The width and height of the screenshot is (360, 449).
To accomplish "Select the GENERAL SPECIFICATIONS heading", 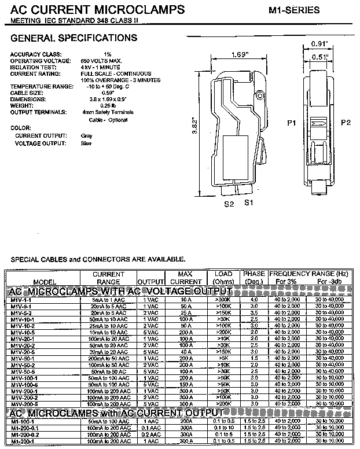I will click(74, 38).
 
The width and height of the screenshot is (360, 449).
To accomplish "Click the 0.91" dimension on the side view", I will click(319, 44).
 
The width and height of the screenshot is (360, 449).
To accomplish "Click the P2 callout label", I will click(346, 123).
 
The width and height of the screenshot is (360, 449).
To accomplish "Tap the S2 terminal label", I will click(229, 204).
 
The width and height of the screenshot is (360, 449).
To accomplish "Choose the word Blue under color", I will click(86, 143).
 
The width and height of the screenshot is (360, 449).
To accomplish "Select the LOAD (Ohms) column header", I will click(223, 278).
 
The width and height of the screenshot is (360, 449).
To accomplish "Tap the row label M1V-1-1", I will click(21, 300).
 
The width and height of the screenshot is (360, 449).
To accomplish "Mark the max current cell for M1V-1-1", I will click(186, 300).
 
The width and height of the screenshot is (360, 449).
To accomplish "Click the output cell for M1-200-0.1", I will click(150, 428).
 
